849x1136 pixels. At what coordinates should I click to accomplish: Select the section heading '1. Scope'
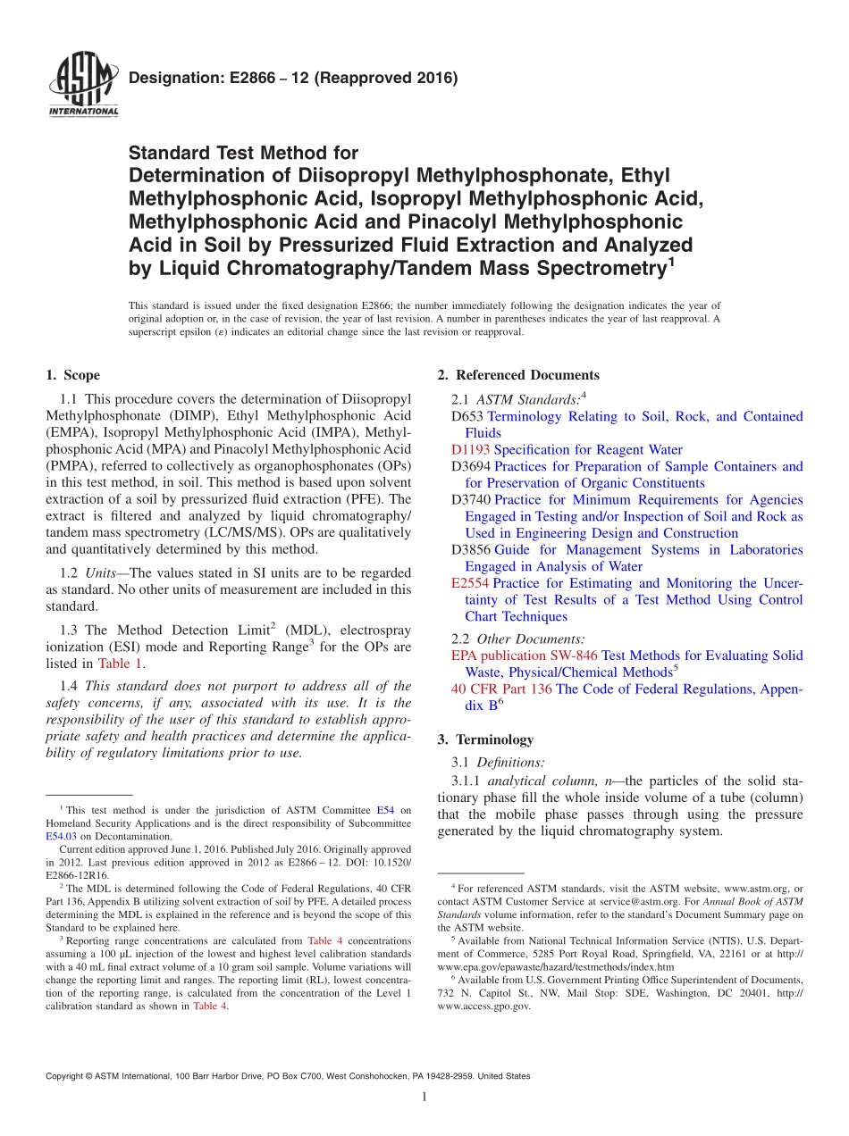coord(72,375)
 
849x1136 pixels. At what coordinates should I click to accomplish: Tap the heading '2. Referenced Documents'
coord(518,375)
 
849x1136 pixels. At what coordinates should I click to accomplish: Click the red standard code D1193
coord(470,450)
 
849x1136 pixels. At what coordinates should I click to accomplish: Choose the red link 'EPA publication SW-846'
coord(525,656)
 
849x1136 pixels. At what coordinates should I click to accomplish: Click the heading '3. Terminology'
coord(485,739)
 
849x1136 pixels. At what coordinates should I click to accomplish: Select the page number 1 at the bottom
coord(424,1098)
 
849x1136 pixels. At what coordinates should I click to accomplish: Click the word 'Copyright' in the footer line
coord(65,1076)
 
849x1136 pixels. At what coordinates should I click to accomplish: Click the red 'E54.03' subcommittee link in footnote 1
coord(61,837)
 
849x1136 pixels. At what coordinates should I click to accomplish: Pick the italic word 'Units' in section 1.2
coord(102,572)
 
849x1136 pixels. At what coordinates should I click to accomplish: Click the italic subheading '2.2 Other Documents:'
coord(519,639)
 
